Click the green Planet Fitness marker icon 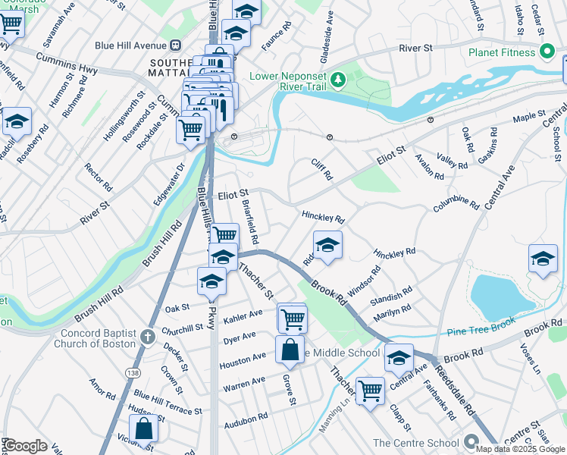click(x=547, y=52)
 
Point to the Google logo click(x=24, y=446)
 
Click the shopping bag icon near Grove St click(x=290, y=351)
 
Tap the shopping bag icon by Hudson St click(x=143, y=429)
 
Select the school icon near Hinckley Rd click(x=327, y=246)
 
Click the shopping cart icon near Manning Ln click(x=370, y=391)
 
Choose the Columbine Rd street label click(x=456, y=204)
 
